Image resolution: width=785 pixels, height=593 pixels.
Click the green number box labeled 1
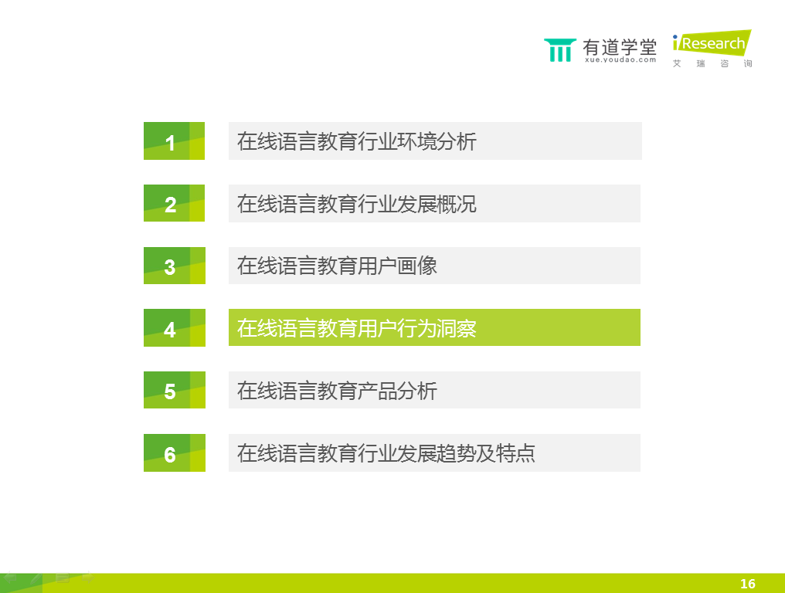coord(174,141)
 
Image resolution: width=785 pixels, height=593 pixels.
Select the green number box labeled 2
coord(174,203)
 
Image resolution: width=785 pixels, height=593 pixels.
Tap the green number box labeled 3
coord(174,266)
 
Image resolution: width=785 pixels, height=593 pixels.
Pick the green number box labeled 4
coord(174,328)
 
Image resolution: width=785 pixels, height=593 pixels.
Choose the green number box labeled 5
coord(174,390)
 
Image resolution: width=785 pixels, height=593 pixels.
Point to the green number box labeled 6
coord(174,452)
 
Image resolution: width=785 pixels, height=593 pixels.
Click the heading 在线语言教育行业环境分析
coord(356,141)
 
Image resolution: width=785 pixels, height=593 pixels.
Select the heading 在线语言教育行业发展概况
coord(356,204)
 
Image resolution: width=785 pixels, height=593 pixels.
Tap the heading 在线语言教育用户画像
coord(337,266)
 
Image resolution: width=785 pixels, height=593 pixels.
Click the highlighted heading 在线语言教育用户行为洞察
coord(356,328)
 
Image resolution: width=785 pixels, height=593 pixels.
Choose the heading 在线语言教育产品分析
coord(337,391)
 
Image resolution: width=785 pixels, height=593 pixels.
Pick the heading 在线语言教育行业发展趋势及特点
coord(386,453)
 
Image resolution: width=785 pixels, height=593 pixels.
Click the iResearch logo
coord(712,43)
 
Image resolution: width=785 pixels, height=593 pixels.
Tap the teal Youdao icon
coord(559,50)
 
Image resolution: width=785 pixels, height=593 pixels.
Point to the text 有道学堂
coord(620,47)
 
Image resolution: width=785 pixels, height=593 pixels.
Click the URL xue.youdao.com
coord(620,59)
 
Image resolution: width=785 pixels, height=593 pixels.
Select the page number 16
coord(747,584)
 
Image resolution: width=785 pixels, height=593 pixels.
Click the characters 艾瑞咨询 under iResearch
coord(712,63)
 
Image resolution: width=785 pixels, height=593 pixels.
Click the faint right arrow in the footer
coord(88,578)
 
